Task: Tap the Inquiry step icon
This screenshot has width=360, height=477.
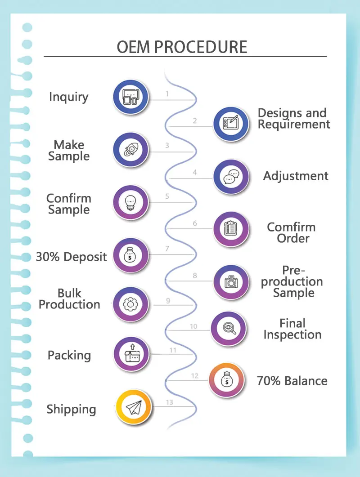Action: click(130, 97)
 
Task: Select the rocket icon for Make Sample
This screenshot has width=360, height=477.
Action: click(130, 150)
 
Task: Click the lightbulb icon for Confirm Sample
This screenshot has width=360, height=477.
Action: click(130, 202)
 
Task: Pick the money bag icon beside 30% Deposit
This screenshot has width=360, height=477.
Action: click(130, 255)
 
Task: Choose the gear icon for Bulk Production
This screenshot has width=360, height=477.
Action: click(130, 304)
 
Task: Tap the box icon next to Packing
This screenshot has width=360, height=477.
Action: click(131, 354)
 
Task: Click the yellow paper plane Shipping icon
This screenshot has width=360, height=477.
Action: click(133, 407)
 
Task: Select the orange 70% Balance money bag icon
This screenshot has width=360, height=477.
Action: click(227, 380)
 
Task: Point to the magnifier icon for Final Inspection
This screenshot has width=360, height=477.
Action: click(229, 329)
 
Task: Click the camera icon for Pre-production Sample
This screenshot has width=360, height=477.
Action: click(231, 282)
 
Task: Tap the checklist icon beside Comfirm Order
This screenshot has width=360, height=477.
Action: click(231, 229)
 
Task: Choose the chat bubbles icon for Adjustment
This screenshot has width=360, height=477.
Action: click(231, 177)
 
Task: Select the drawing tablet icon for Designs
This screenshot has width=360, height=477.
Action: click(231, 124)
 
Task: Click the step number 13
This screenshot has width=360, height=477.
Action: click(170, 402)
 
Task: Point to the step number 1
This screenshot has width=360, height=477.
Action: click(167, 94)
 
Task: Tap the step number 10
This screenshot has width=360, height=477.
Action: click(193, 326)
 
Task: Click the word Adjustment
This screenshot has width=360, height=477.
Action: click(296, 176)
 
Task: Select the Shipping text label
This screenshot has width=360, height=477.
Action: click(71, 410)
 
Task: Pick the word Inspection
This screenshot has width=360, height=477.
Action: click(292, 335)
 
